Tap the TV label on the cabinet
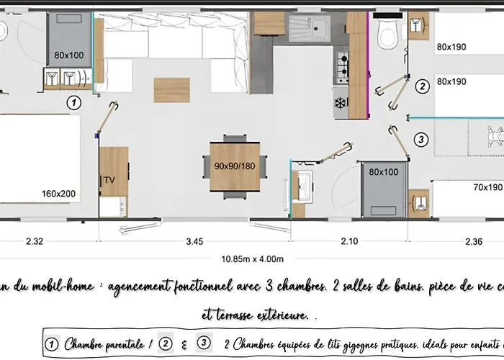click(x=110, y=179)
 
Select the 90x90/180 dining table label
click(x=235, y=166)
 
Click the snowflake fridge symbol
click(x=339, y=103)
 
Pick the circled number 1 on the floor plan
click(x=72, y=103)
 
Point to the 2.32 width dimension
click(x=35, y=242)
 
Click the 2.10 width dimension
click(x=348, y=242)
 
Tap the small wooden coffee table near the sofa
click(x=167, y=89)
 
